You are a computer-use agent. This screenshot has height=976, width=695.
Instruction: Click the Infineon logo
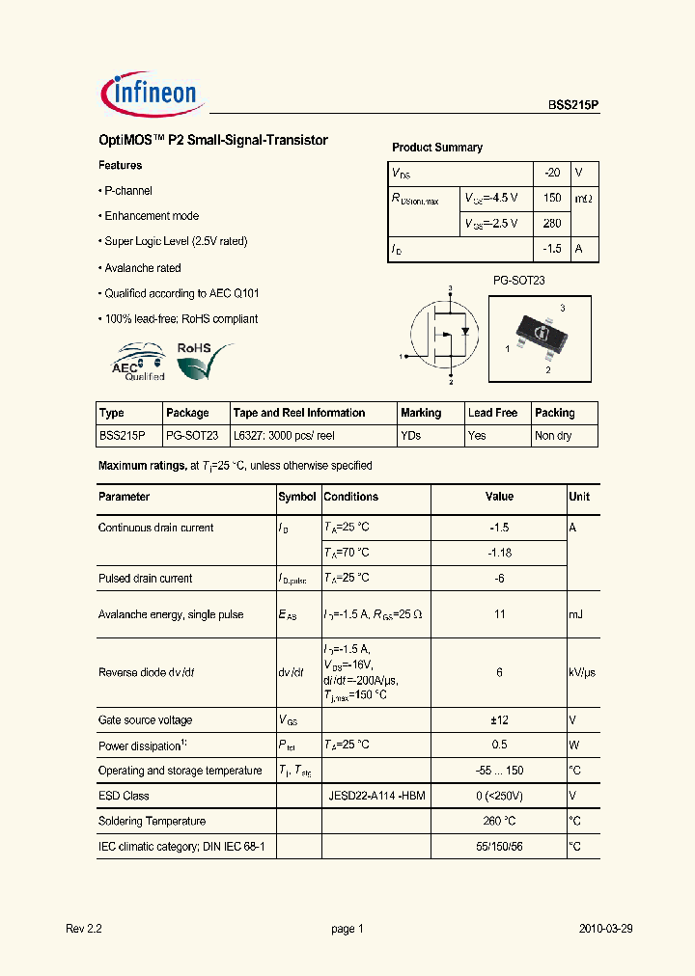point(150,94)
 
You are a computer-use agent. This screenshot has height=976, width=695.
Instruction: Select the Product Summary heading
point(436,148)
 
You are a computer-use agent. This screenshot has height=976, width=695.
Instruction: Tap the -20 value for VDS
point(551,173)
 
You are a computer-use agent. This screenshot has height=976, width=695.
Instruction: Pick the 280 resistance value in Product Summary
point(551,223)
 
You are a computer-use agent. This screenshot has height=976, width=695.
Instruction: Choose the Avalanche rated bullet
point(142,268)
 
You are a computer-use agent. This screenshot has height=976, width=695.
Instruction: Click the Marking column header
point(421,413)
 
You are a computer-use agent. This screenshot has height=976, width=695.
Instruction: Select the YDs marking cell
point(410,436)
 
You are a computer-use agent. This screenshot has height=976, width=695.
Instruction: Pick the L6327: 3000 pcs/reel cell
point(284,436)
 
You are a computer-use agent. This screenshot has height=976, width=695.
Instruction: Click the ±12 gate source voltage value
point(498,720)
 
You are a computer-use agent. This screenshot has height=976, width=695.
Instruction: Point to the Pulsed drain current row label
point(145,579)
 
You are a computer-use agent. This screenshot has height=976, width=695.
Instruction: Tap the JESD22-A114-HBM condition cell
point(375,796)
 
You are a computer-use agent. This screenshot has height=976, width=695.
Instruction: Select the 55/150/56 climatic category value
point(498,846)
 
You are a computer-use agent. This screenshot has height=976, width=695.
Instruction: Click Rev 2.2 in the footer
point(84,929)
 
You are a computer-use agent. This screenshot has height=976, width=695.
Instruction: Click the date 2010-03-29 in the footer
point(605,929)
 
